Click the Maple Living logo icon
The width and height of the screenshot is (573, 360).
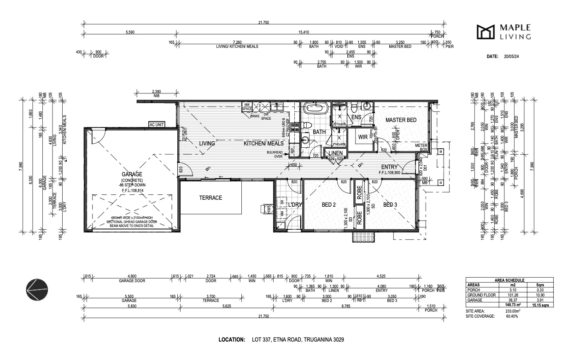[487, 32]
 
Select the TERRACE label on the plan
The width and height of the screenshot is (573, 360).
[210, 197]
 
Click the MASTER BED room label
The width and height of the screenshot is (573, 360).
[401, 120]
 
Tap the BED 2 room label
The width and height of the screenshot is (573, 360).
[328, 204]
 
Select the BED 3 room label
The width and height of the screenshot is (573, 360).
[390, 204]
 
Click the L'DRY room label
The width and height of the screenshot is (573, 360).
[294, 204]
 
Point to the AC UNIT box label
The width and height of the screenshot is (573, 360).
[157, 125]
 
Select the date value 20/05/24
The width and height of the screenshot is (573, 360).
[511, 56]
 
